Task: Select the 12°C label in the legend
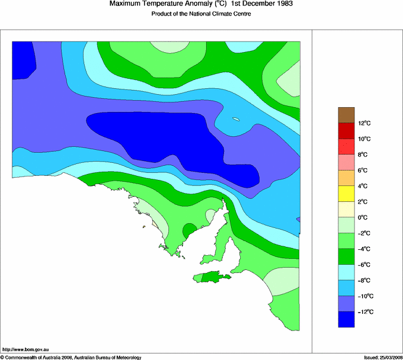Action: click(x=366, y=123)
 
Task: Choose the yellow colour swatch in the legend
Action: click(x=346, y=193)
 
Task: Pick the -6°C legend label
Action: click(x=364, y=265)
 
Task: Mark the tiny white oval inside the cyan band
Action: click(x=236, y=120)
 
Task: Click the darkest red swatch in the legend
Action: click(x=346, y=130)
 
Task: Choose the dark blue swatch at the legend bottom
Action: click(x=346, y=319)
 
